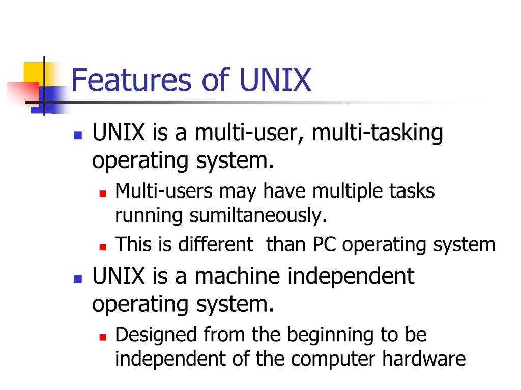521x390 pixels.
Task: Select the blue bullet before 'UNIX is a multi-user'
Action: pos(77,136)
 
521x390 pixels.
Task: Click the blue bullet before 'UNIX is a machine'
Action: pos(77,279)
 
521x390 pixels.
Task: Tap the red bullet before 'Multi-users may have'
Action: pos(102,193)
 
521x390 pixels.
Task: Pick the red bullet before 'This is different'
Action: pos(102,247)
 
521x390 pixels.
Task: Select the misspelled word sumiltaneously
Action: pos(257,215)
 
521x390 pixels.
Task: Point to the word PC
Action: pos(325,245)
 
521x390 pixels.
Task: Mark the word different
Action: pos(215,245)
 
